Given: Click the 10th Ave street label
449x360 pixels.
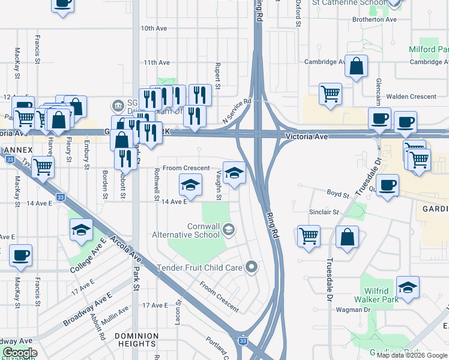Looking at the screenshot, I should point(153,28).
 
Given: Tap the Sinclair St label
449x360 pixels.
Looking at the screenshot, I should point(324,212).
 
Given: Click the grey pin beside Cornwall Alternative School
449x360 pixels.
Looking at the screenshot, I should point(229,229).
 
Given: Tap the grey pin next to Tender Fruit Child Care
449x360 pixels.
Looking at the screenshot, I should point(252,267).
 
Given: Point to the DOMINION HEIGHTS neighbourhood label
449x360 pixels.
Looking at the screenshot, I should point(136,340).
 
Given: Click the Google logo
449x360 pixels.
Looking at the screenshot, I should point(19,353).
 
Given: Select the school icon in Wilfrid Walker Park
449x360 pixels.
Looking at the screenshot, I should point(408,289).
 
